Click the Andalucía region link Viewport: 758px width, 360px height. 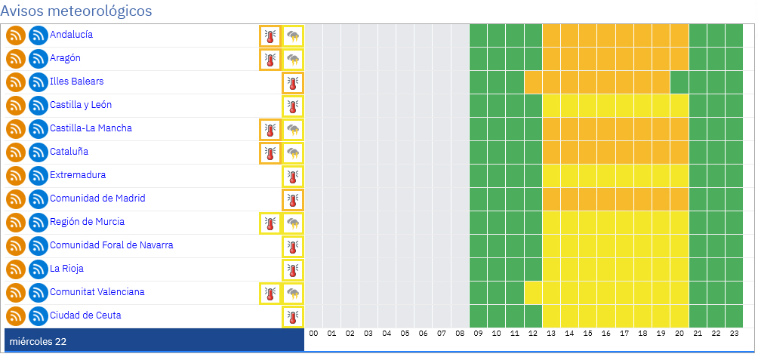point(71,35)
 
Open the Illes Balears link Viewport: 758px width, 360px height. point(76,82)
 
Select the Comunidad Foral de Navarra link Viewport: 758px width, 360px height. point(111,245)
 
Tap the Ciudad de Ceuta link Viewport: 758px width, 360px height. point(85,315)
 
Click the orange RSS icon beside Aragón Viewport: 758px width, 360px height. point(16,58)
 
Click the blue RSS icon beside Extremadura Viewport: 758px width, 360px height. point(39,175)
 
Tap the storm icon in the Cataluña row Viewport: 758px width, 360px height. point(293,152)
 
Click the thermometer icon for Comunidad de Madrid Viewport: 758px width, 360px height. point(293,199)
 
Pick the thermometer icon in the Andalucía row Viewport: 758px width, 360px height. point(270,35)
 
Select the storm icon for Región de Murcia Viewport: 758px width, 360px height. point(293,223)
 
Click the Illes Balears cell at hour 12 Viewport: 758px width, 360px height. point(533,82)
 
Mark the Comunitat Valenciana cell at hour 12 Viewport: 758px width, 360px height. point(533,293)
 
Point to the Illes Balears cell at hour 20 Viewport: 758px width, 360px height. point(679,82)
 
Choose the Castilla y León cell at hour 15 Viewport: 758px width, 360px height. point(588,106)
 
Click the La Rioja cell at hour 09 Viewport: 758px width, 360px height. point(478,269)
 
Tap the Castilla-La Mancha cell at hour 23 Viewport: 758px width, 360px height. point(735,129)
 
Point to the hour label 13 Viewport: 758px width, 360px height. point(551,333)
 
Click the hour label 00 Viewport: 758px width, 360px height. point(313,333)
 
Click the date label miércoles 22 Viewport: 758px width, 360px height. point(38,342)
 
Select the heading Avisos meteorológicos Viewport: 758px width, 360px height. point(76,11)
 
